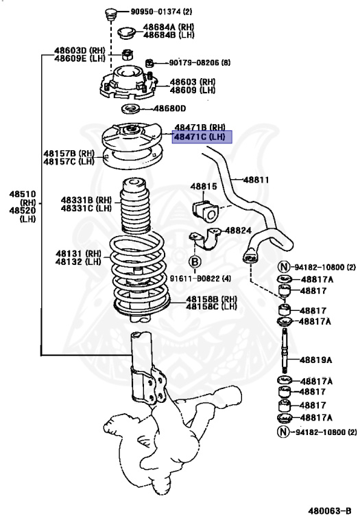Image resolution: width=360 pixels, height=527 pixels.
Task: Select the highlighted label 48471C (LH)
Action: (199, 137)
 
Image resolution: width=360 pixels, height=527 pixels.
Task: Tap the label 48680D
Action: (169, 108)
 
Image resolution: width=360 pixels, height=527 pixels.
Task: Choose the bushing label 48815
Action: (203, 186)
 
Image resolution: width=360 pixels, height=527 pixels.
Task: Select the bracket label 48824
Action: (239, 231)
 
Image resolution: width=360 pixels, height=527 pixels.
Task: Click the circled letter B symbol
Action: (195, 261)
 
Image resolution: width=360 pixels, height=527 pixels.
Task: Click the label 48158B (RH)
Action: (211, 299)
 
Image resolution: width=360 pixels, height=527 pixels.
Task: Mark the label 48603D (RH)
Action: (81, 51)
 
